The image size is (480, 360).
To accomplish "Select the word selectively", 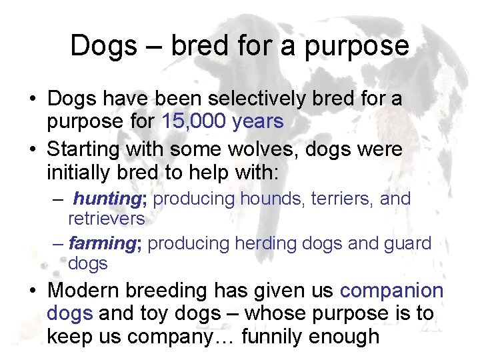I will point(257,99).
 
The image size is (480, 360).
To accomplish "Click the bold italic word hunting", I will point(104,199).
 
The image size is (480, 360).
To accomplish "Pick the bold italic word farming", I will point(101,243).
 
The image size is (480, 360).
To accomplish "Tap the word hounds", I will point(268,199).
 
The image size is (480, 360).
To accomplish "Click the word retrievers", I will point(107,218).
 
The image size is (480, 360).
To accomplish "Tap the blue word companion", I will point(391,291).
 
